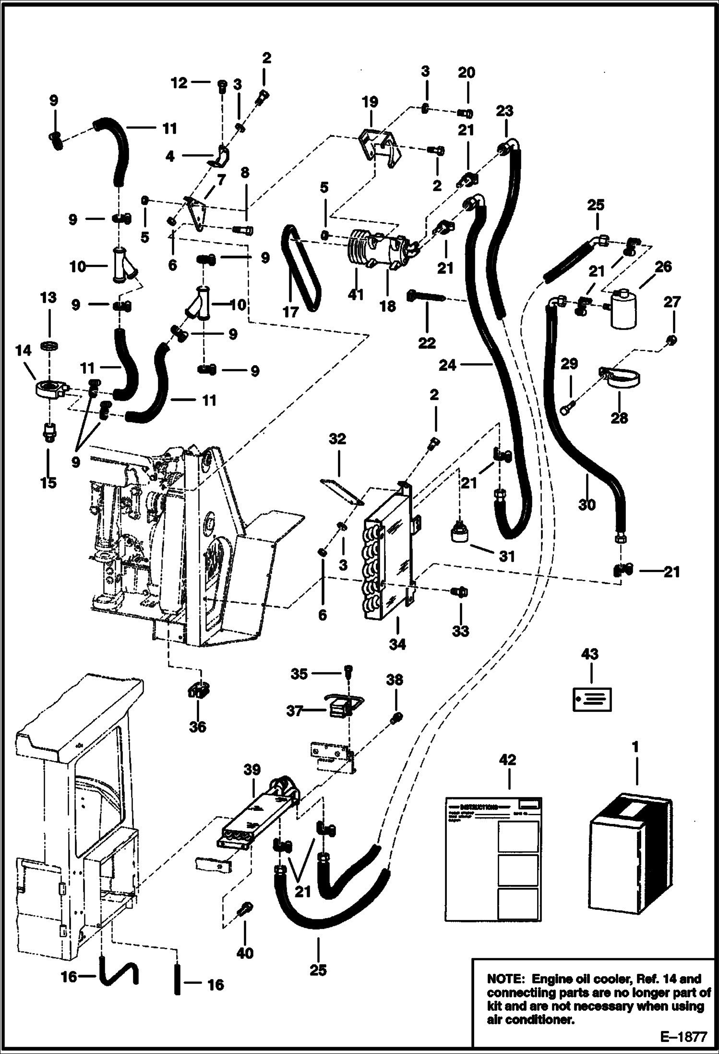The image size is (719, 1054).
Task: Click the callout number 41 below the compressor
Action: (356, 294)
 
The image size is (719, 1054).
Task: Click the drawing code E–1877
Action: (684, 1037)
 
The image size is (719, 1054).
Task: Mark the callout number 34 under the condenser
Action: (397, 644)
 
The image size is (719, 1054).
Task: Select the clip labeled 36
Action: (197, 691)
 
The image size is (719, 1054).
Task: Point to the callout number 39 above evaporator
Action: (252, 770)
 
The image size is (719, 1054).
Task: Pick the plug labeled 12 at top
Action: (222, 86)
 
